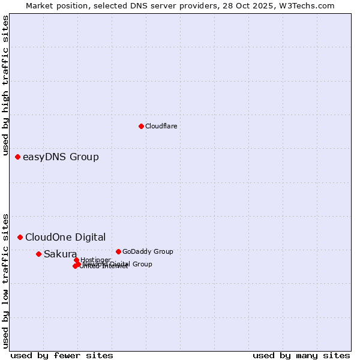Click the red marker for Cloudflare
tap(141, 126)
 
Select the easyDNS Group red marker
tap(17, 157)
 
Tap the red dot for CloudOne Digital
tap(20, 237)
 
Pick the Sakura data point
tap(38, 254)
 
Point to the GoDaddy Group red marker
tap(118, 251)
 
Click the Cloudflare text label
tap(161, 126)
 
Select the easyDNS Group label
tap(61, 157)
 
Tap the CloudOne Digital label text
tap(65, 237)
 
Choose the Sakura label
tap(60, 254)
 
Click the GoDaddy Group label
tap(148, 251)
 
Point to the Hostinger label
tap(95, 260)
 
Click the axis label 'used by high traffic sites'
tap(6, 86)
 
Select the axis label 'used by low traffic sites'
tap(6, 280)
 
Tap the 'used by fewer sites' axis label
tap(62, 355)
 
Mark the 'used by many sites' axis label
tap(301, 355)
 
